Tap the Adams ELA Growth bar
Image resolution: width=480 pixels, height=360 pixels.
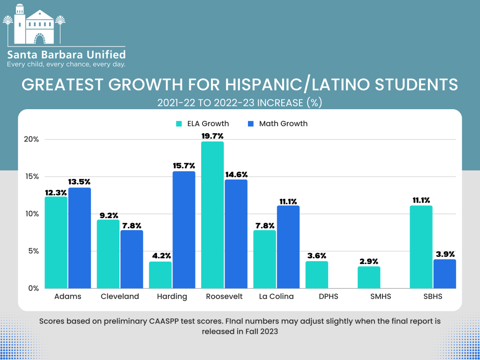[x=56, y=242]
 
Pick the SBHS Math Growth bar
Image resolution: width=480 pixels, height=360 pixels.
[x=444, y=274]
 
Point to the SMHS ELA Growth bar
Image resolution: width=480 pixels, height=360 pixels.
[x=369, y=277]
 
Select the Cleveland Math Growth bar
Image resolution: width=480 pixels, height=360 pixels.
[x=132, y=259]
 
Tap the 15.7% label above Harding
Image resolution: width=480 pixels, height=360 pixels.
[x=184, y=166]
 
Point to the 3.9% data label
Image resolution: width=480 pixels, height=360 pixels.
[x=444, y=254]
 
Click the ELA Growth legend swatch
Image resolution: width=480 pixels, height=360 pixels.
[x=179, y=124]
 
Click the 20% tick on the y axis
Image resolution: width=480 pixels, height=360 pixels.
[x=32, y=140]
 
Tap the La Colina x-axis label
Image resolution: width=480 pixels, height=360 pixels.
[x=276, y=296]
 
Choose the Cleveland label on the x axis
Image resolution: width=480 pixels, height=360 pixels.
[x=120, y=296]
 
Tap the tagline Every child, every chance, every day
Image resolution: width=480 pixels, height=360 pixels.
[x=66, y=64]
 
